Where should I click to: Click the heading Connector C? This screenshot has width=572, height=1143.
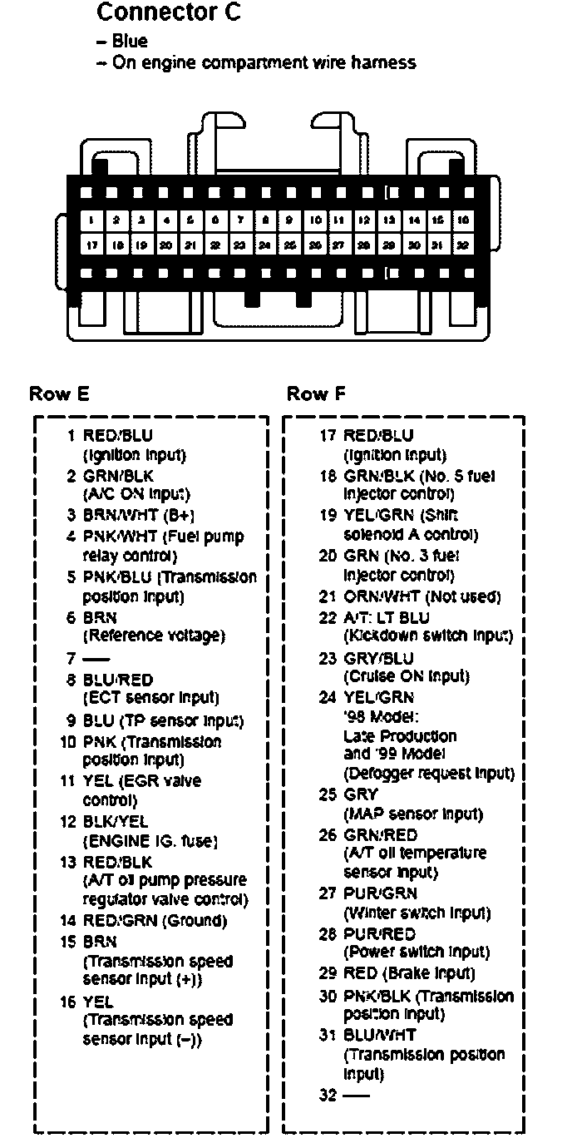[169, 13]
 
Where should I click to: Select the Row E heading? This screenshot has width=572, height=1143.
[59, 393]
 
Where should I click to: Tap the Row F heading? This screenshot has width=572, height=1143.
[316, 393]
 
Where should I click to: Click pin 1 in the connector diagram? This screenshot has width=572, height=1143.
[91, 221]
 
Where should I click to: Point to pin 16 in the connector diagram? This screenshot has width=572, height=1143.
[461, 221]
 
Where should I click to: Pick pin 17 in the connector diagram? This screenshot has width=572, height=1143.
[91, 245]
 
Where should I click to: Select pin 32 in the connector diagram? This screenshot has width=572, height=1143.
[461, 245]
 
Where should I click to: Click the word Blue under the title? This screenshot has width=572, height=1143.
[130, 42]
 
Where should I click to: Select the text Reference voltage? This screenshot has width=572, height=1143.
[154, 636]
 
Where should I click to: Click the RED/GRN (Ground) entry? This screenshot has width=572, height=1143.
[154, 921]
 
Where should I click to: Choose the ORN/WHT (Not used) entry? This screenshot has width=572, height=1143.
[422, 596]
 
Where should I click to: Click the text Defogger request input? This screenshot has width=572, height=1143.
[429, 774]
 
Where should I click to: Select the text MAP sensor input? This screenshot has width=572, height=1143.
[412, 814]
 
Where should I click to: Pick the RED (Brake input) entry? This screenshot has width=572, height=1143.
[409, 973]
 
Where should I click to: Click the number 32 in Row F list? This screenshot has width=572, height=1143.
[326, 1096]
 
